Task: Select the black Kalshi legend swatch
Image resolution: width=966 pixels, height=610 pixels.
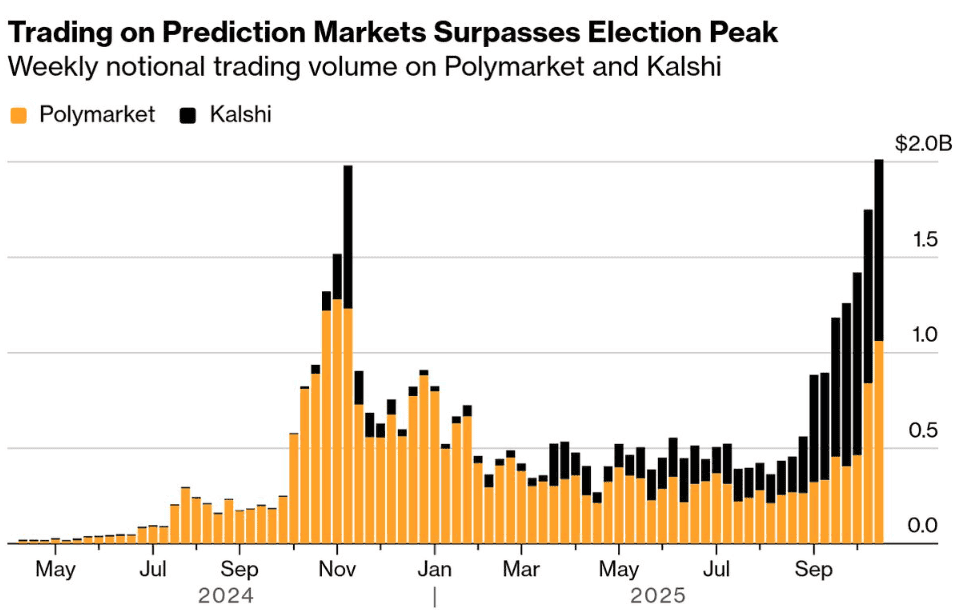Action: (188, 116)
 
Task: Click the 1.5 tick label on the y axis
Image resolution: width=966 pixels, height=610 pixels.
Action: (926, 239)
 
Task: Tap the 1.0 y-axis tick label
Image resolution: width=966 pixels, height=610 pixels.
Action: (926, 335)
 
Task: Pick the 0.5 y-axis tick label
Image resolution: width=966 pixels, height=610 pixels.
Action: (926, 431)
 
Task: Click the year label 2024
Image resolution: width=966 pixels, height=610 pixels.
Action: (226, 596)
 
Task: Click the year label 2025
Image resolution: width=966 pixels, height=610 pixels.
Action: (658, 596)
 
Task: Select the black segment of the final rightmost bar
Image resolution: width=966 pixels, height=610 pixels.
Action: (879, 250)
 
